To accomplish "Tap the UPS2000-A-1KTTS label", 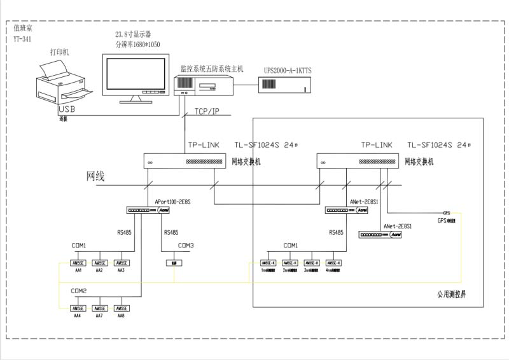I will pos(291,70).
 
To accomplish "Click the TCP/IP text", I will pos(207,112).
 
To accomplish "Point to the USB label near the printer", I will pos(67,110).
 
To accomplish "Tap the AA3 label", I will pos(121,270).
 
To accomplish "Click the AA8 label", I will pos(121,315).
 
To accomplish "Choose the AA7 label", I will pos(99,315).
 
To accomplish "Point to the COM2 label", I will pos(79,291).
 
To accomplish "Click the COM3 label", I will pos(186,246).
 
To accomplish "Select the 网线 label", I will pos(95,176).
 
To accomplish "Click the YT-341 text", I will pos(23,39).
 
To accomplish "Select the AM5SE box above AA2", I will pos(99,263).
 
